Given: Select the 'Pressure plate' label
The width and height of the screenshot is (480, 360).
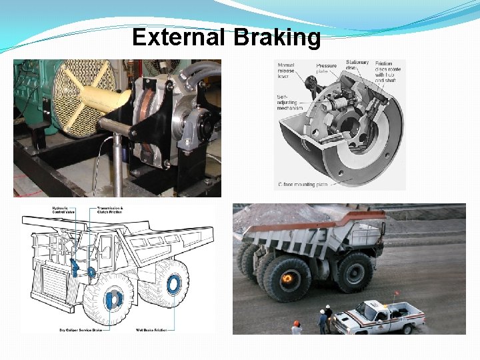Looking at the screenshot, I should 327,69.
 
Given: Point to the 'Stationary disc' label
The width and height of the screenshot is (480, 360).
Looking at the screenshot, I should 357,65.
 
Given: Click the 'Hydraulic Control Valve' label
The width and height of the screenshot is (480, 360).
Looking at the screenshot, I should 61,211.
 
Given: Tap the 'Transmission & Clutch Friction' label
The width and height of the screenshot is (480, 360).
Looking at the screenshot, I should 110,211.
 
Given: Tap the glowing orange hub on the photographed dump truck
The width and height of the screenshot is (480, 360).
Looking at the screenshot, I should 288,277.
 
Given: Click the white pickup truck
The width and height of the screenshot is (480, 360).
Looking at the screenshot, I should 379,317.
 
